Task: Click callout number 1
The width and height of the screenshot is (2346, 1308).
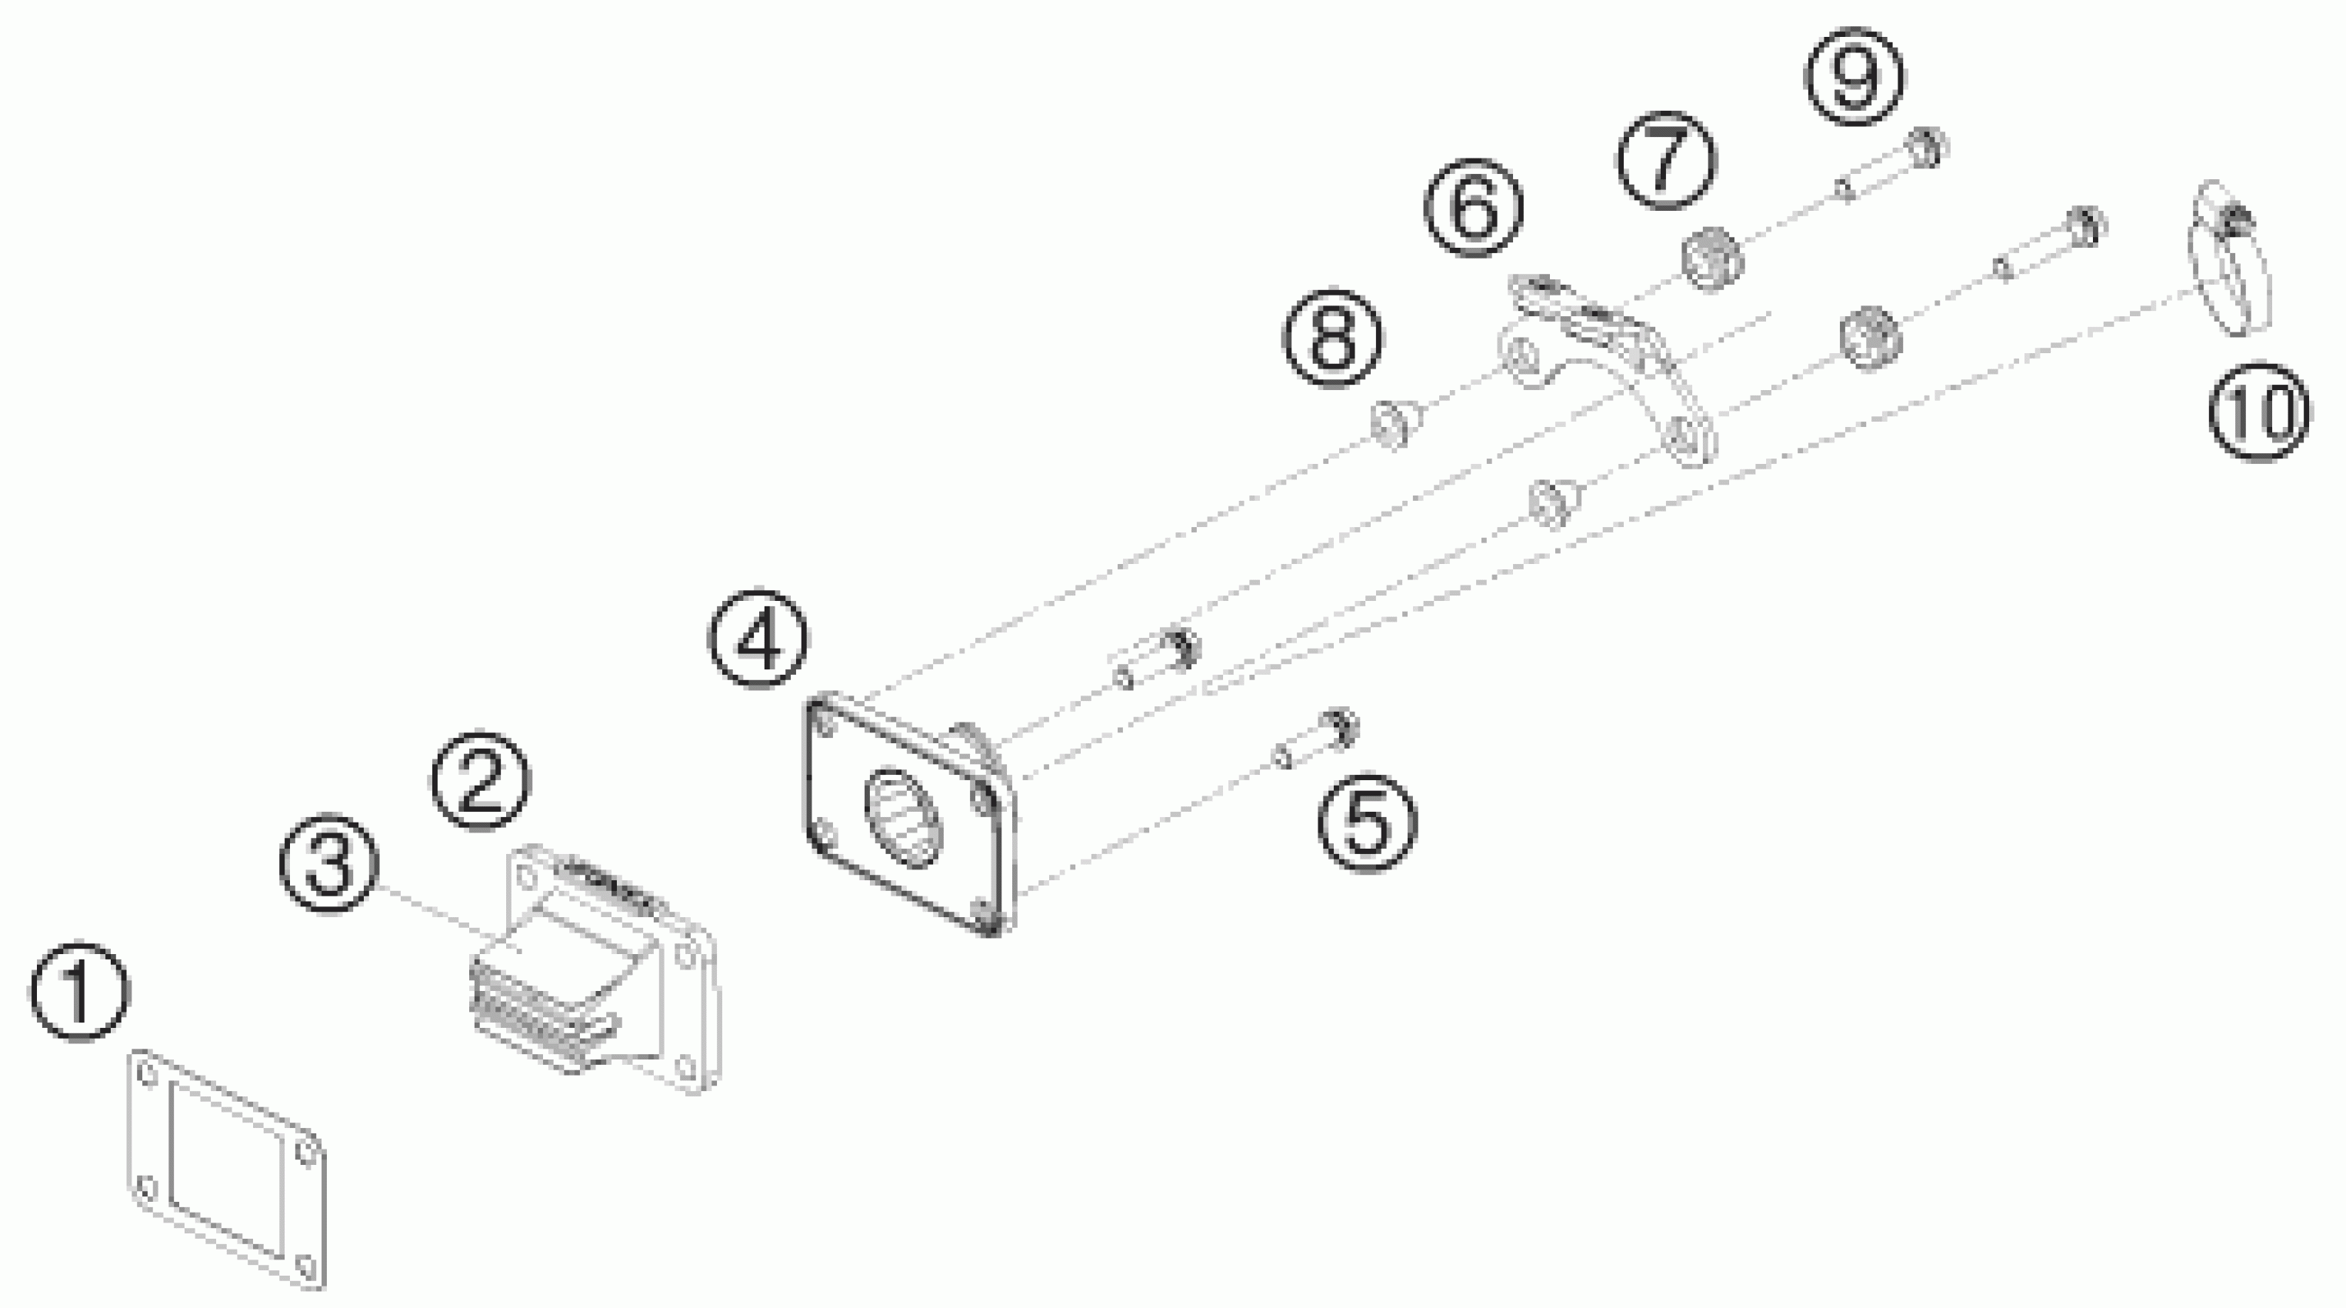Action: tap(80, 993)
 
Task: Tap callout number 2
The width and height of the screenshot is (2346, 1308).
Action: tap(480, 781)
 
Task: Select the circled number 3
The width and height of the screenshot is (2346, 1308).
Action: tap(328, 863)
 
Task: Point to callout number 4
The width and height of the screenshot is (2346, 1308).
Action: tap(758, 641)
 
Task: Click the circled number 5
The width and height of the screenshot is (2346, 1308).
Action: tap(1368, 823)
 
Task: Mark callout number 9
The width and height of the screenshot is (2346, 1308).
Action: tap(1855, 76)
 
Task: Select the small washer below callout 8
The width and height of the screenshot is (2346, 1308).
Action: tap(1394, 423)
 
